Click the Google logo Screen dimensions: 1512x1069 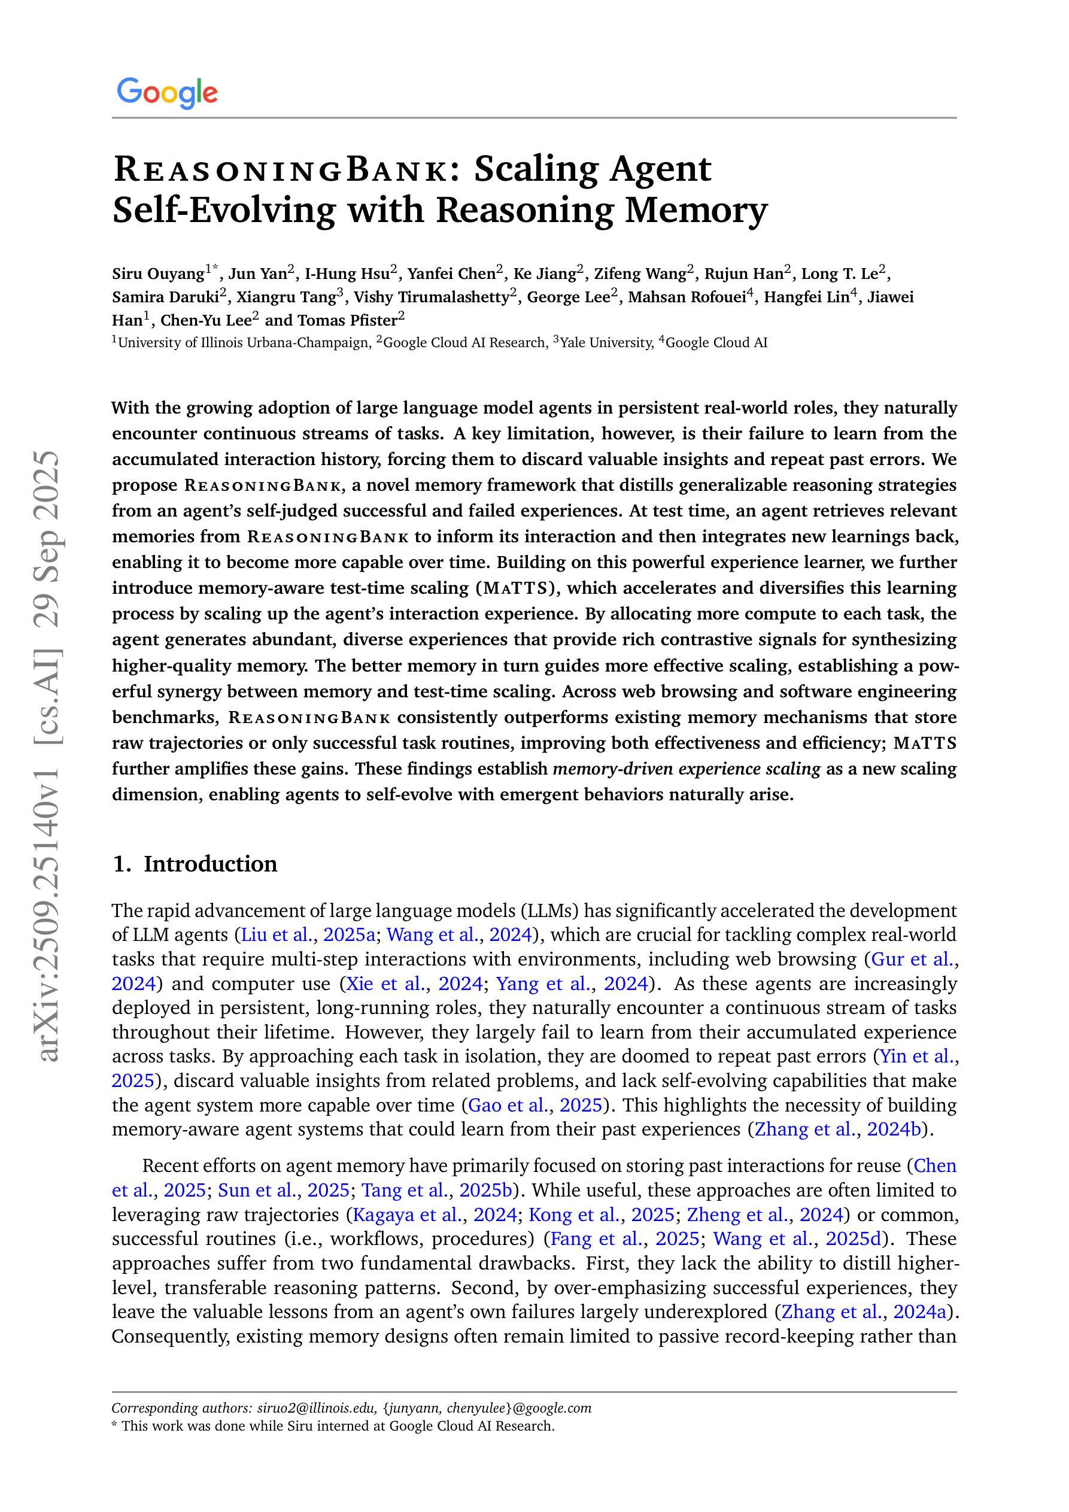point(166,93)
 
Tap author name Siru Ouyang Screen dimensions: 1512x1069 point(158,274)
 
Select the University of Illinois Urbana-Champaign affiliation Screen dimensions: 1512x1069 point(244,342)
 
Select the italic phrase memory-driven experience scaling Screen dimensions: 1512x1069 point(687,769)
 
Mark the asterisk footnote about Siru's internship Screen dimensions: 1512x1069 point(333,1426)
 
